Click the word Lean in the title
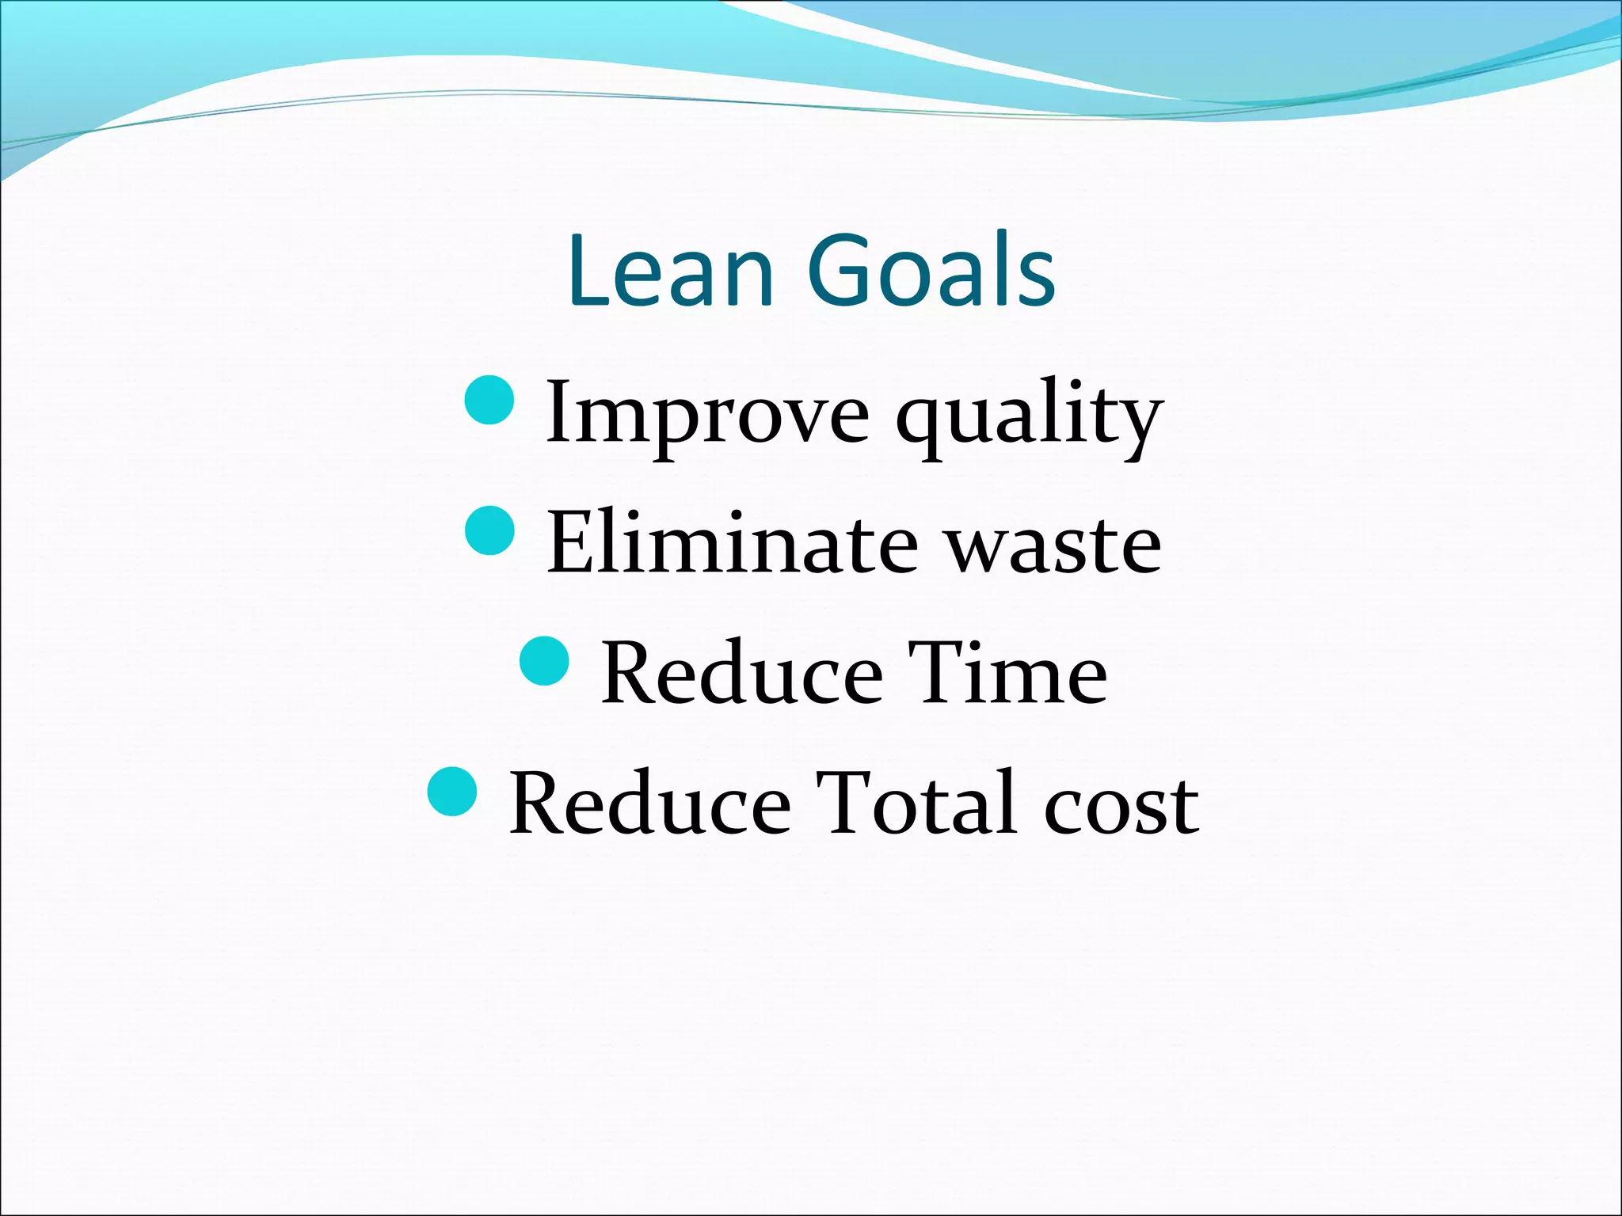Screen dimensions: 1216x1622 [670, 271]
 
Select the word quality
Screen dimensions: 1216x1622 [1029, 416]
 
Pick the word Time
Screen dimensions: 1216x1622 [1007, 674]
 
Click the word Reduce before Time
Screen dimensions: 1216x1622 [741, 674]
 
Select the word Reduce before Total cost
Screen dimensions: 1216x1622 [649, 804]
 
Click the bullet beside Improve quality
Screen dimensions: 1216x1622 [490, 401]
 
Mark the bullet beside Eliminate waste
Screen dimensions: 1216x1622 [490, 530]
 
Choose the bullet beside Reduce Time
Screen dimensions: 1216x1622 [545, 660]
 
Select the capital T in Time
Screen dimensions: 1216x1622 [938, 674]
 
